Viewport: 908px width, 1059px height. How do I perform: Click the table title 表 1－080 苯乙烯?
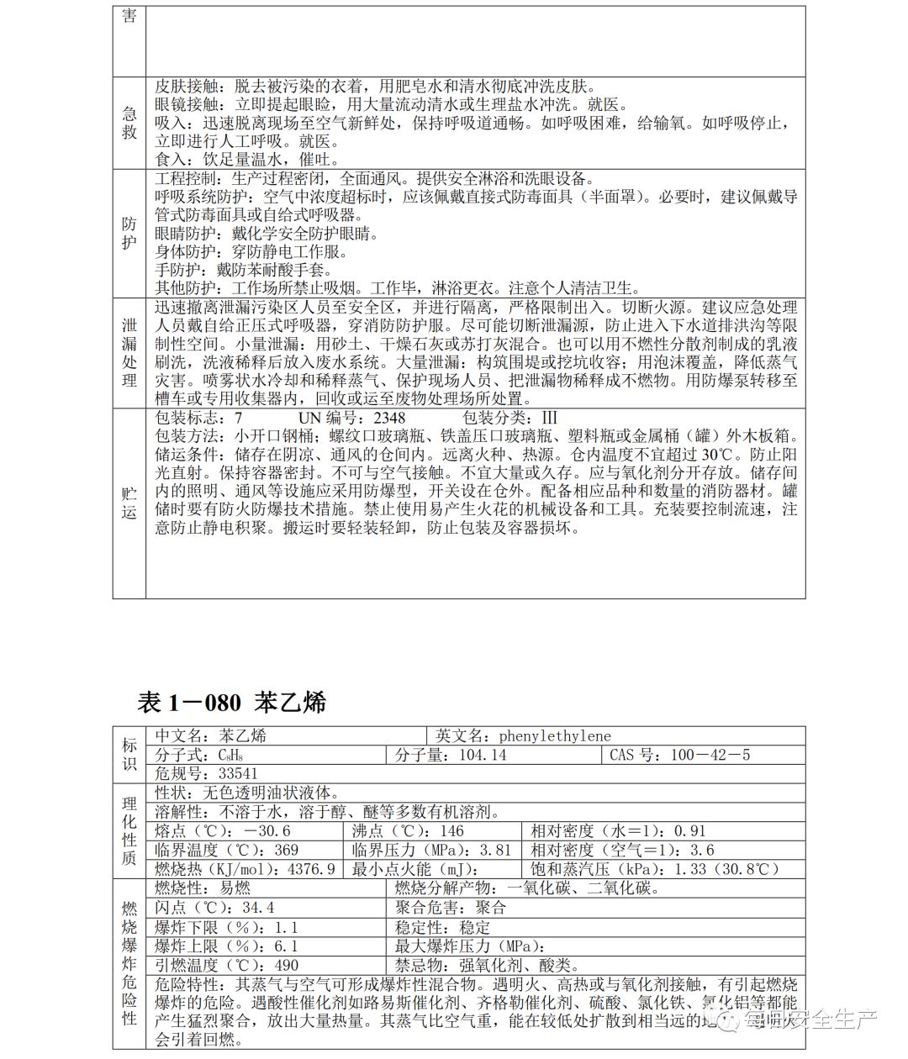[x=231, y=703]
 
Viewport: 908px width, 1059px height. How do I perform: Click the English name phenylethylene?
[x=556, y=735]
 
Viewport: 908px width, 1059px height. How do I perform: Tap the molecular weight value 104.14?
[x=482, y=754]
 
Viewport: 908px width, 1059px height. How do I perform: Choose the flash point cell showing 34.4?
[x=215, y=908]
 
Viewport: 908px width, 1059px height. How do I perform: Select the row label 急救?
[x=129, y=124]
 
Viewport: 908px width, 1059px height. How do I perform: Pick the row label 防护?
[x=129, y=233]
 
